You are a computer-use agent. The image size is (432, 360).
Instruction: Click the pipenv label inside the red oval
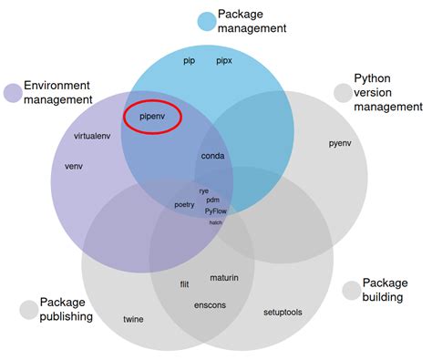tap(151, 117)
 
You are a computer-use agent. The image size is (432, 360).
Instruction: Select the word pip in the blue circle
tap(190, 61)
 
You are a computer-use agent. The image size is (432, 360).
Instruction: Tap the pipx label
tap(224, 61)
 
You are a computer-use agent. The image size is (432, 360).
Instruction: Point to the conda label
tap(212, 156)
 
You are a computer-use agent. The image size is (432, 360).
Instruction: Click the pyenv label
tap(339, 143)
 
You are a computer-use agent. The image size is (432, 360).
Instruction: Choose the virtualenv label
tap(93, 136)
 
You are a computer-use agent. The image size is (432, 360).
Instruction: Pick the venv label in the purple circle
tap(74, 167)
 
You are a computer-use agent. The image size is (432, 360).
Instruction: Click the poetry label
tap(185, 205)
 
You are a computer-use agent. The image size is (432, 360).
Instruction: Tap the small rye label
tap(203, 191)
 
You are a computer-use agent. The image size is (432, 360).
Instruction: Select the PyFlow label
tap(216, 211)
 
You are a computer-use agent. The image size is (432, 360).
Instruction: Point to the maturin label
tap(224, 277)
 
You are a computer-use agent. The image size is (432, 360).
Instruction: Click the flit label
tap(185, 284)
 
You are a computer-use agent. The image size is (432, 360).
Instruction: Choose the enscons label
tap(210, 304)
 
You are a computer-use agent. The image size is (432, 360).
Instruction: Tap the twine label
tap(133, 319)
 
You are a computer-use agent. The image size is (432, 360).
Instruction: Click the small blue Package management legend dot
tap(207, 20)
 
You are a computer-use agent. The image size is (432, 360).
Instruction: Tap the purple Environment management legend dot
tap(13, 92)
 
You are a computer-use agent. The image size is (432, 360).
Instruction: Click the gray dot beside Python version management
tap(343, 93)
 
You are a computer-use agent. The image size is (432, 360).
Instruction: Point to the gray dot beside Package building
tap(352, 290)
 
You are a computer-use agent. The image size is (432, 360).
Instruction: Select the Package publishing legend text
tap(66, 309)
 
